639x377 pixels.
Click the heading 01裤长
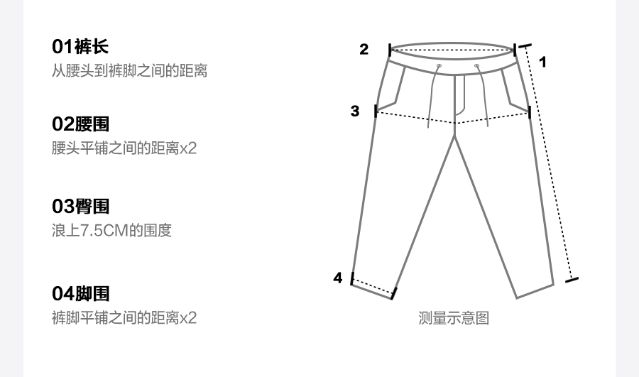click(80, 48)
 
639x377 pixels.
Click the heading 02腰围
click(81, 124)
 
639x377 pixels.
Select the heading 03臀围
click(81, 207)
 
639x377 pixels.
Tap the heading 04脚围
click(81, 293)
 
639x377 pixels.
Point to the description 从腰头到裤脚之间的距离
click(129, 71)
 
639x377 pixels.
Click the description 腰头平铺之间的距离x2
click(124, 148)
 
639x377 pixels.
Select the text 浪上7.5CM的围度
click(111, 231)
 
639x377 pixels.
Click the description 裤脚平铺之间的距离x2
click(124, 317)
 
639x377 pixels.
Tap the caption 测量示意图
click(454, 318)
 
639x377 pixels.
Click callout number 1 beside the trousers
click(542, 62)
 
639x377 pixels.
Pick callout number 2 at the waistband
click(364, 49)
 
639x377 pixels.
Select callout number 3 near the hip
click(355, 111)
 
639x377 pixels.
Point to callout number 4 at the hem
click(338, 278)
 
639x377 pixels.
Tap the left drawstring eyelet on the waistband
click(439, 66)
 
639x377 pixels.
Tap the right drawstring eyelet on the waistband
click(477, 66)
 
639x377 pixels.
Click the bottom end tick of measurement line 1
click(572, 279)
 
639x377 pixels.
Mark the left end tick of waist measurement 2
click(390, 50)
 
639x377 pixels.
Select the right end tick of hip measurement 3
click(529, 112)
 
